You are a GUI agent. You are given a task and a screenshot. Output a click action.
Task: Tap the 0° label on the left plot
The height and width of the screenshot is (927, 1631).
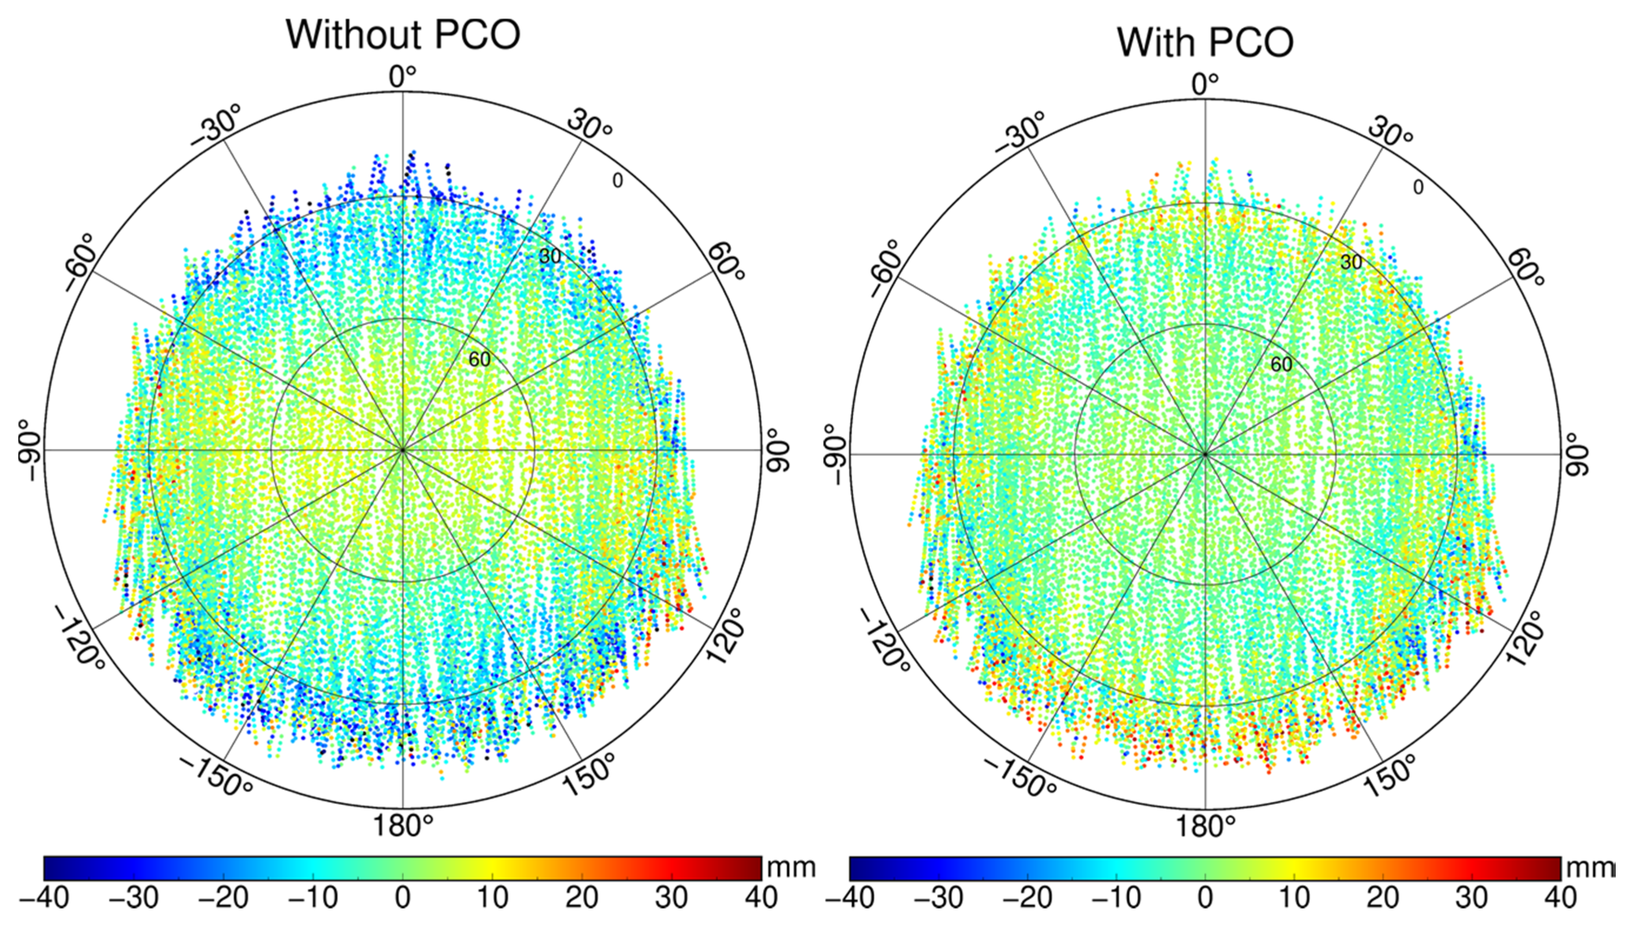402,77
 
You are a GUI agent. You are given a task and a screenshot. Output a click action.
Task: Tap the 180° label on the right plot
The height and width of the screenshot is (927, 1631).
1204,827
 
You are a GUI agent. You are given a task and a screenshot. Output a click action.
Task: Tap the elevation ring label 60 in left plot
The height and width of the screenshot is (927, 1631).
480,360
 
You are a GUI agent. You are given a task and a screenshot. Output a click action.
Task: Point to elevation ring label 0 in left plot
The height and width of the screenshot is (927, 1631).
617,181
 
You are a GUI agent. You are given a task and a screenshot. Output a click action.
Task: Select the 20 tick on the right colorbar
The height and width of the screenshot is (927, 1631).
1383,898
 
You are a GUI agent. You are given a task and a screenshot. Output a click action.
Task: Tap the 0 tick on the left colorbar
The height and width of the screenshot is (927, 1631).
402,898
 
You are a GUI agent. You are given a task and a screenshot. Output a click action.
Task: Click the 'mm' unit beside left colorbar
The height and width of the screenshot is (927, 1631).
791,868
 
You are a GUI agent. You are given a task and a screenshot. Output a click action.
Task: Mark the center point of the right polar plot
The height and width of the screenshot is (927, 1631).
1204,454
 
